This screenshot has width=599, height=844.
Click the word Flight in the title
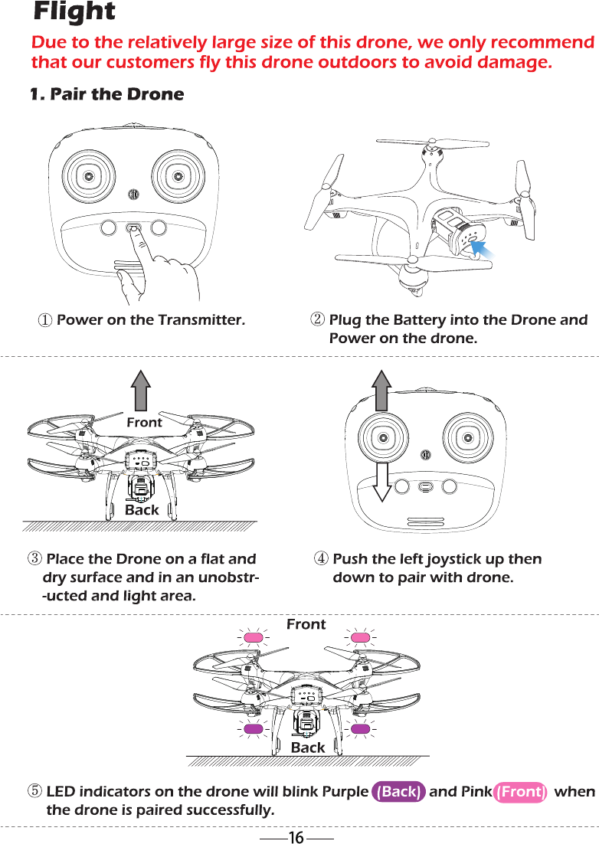(74, 12)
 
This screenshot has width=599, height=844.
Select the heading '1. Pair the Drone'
(106, 95)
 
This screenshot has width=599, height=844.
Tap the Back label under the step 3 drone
(142, 510)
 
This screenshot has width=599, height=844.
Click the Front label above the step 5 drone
(306, 625)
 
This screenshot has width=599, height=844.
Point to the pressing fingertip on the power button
(135, 231)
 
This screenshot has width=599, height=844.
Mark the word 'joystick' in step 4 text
(450, 559)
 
